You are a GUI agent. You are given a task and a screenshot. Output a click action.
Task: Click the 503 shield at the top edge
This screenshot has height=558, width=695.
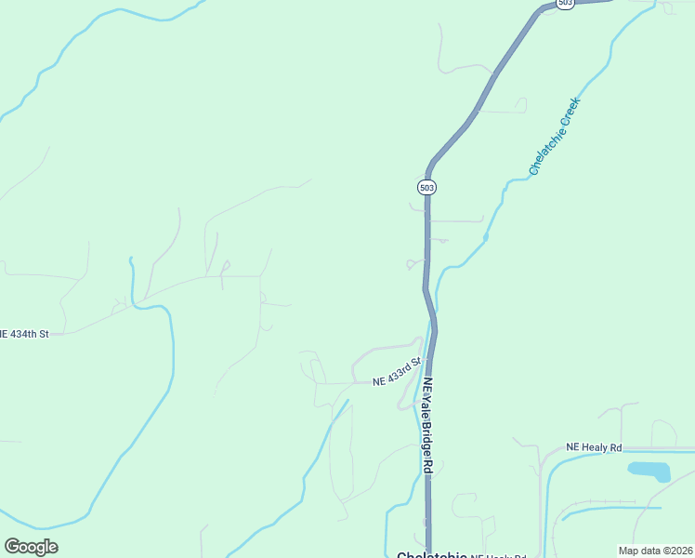coord(566,4)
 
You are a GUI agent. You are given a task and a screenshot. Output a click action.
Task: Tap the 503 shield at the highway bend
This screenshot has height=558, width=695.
coord(426,187)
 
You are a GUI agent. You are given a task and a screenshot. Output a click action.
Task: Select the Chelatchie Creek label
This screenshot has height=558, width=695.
coord(555,136)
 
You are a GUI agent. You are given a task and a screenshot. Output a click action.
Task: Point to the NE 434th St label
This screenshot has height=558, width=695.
coord(23,333)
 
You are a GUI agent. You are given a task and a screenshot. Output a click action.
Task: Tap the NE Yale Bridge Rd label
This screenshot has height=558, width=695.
coord(427,426)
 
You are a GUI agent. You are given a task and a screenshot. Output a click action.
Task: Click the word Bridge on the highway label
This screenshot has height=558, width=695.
coord(427,437)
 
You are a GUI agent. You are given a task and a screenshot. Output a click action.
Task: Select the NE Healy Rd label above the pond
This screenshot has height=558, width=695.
coord(593,447)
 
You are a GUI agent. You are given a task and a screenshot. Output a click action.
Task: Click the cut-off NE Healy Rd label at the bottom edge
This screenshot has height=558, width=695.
coord(492,555)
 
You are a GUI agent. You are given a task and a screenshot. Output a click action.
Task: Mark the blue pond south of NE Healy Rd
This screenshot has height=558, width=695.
coord(649,471)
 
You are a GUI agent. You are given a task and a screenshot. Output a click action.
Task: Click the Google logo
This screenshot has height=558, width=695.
coord(31,547)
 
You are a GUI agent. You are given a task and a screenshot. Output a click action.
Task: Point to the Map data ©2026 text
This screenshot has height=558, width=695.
coord(655,551)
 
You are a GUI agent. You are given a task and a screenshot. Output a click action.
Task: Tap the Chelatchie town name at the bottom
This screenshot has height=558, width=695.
coord(431,555)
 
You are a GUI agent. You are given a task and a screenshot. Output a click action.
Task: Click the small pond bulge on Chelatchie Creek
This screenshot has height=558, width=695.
coord(486,238)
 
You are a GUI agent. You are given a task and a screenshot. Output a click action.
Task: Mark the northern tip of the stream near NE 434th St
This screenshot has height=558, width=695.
coord(131,259)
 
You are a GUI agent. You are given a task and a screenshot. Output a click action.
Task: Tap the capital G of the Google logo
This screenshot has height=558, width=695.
coord(12,547)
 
